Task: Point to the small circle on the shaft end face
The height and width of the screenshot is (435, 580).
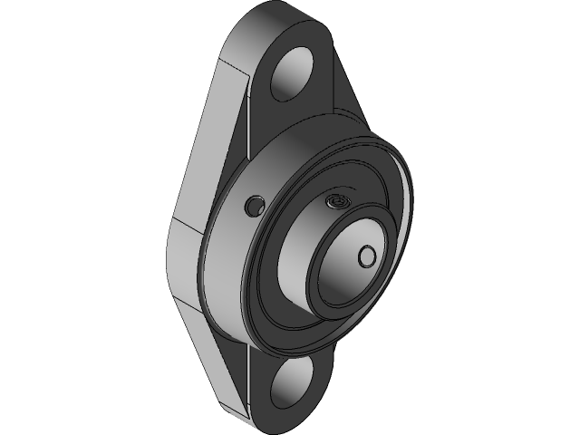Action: pos(368,256)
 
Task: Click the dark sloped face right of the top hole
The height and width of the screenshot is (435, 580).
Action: pos(349,91)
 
